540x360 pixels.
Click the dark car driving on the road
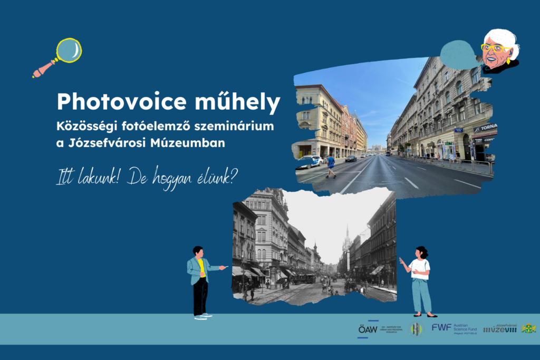tap(351, 158)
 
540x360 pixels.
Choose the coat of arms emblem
tap(528, 328)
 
